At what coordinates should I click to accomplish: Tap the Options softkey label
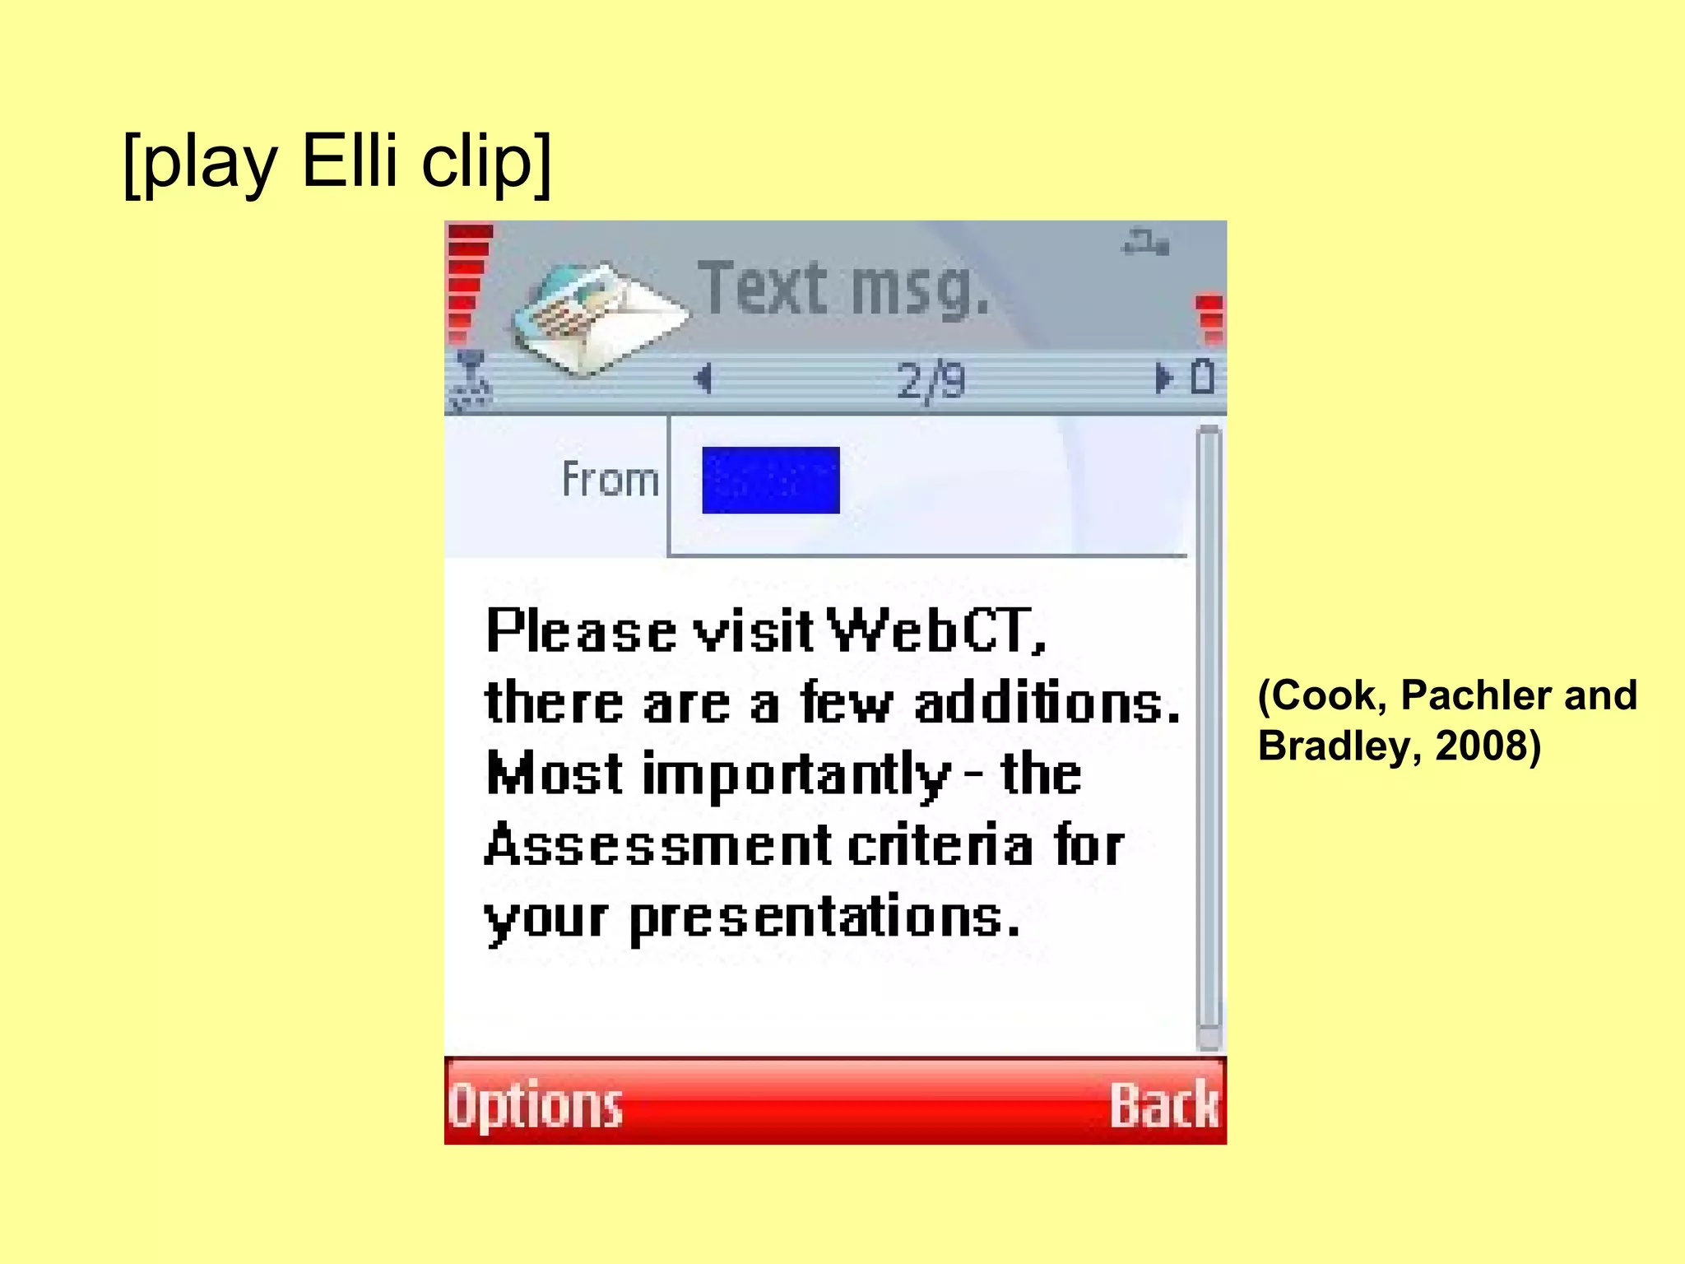point(536,1105)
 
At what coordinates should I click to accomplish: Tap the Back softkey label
point(1163,1105)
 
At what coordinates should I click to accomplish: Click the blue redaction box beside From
point(770,481)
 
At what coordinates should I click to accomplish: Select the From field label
point(610,480)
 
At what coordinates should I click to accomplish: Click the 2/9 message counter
point(931,381)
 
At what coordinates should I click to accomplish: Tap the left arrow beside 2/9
point(703,379)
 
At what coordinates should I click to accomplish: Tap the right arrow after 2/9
point(1162,379)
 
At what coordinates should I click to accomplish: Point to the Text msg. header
point(843,288)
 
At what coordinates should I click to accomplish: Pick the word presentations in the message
point(824,918)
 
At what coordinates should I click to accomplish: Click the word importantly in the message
point(796,775)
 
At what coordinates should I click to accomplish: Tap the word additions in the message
point(1047,704)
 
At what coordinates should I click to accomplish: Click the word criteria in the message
point(940,845)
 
